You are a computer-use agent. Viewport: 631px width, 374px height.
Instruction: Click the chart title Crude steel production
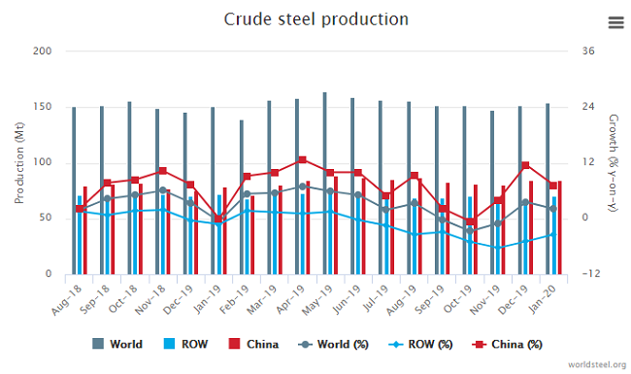[x=315, y=19]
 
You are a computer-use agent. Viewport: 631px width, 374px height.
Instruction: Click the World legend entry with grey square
[x=118, y=344]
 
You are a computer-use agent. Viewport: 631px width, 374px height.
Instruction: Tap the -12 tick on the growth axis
[x=588, y=274]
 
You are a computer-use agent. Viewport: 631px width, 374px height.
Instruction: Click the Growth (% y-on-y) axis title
[x=614, y=162]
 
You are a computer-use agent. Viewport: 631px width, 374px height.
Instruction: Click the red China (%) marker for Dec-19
[x=525, y=166]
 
